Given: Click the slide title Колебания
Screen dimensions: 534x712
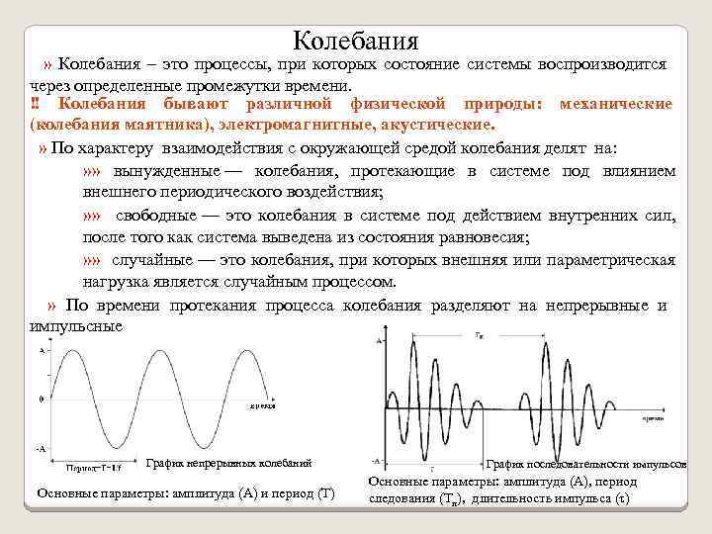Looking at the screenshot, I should pyautogui.click(x=356, y=41).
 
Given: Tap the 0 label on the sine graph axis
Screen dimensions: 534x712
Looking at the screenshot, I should pyautogui.click(x=41, y=399).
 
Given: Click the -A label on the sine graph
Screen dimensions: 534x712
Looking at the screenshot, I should pyautogui.click(x=40, y=448).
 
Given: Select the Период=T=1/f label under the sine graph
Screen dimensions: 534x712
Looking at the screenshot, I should pyautogui.click(x=94, y=465).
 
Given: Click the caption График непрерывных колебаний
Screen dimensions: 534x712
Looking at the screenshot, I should pyautogui.click(x=228, y=463).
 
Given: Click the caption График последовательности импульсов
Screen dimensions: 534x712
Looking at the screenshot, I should pyautogui.click(x=586, y=464).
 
